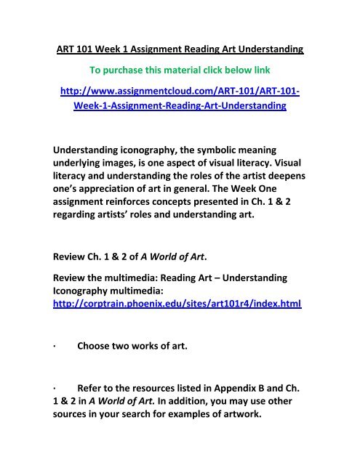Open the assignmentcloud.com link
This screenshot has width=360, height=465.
point(179,97)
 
